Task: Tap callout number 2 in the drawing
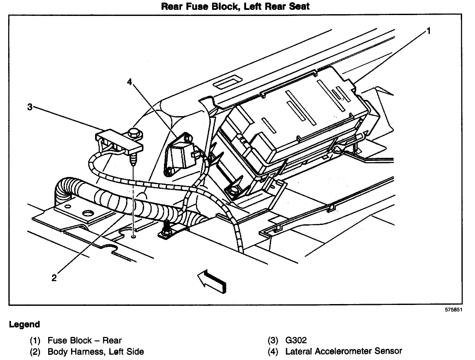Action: (x=54, y=277)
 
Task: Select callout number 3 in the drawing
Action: (x=30, y=107)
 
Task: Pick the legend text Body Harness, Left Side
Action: (x=96, y=352)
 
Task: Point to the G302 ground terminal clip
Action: (x=111, y=140)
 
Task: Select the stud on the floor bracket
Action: (x=167, y=227)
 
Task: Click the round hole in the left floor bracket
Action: (x=89, y=212)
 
